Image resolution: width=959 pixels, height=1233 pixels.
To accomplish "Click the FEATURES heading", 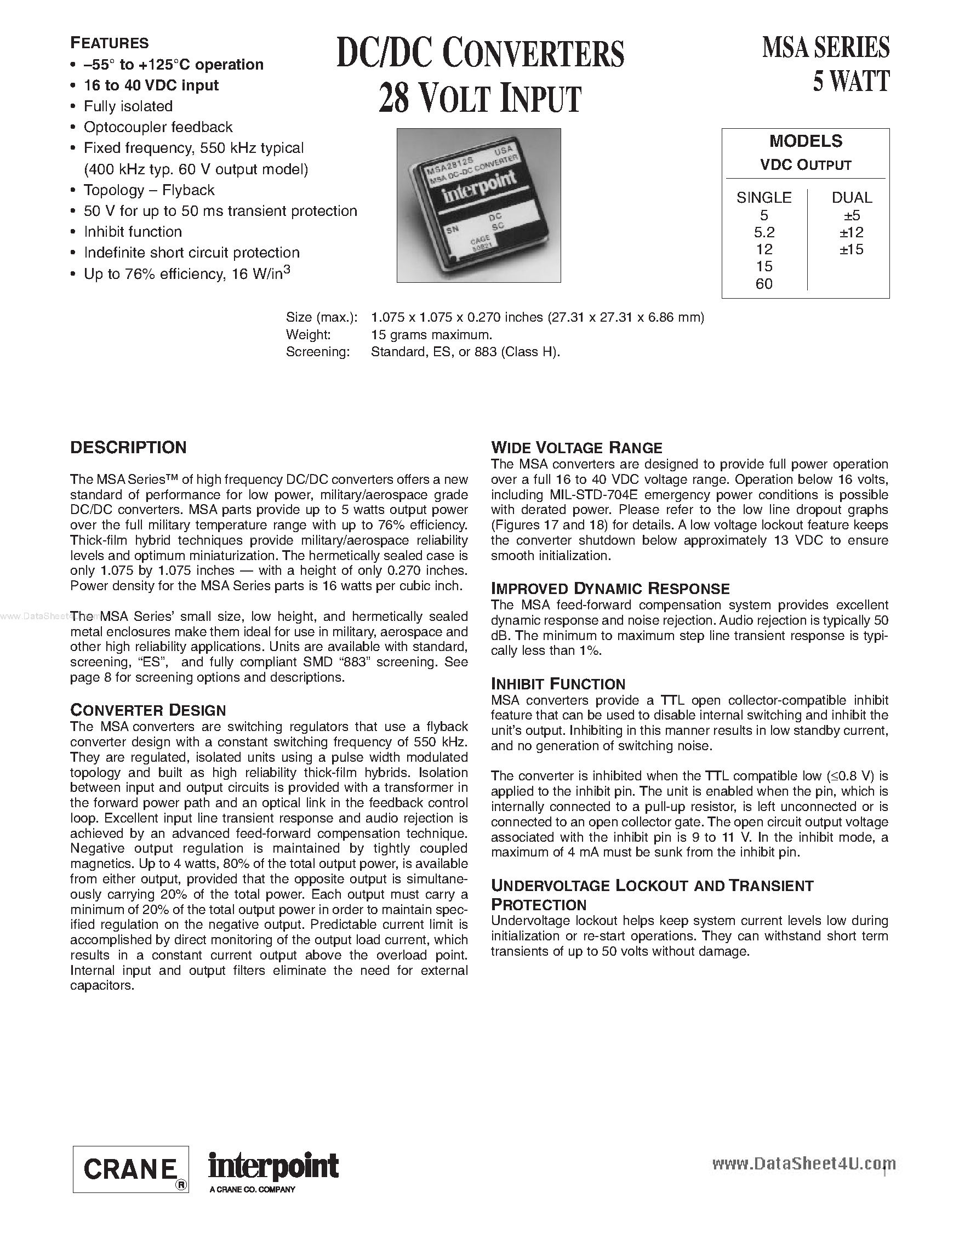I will (x=109, y=43).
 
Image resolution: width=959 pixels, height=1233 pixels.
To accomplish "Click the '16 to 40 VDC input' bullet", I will (x=151, y=85).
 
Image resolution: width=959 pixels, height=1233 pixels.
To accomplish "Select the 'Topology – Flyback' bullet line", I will (x=149, y=190).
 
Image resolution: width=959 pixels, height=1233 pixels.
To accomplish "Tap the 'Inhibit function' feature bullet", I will (x=133, y=232).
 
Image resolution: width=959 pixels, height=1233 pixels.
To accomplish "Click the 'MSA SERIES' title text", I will (x=825, y=48).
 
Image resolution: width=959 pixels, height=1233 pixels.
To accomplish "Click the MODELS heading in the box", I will (x=806, y=141).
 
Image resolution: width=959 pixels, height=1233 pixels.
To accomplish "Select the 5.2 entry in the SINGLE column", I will (x=764, y=232).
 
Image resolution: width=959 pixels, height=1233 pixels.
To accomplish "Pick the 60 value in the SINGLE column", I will (x=764, y=284).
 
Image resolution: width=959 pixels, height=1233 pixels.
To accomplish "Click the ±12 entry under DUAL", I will (x=851, y=232).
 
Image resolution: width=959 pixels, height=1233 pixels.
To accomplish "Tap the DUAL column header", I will (x=852, y=198).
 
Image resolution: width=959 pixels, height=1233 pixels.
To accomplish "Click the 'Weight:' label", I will (x=308, y=335).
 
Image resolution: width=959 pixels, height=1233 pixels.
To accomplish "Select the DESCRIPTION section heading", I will (x=128, y=448).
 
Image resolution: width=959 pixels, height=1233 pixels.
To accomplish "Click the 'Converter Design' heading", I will (x=148, y=710).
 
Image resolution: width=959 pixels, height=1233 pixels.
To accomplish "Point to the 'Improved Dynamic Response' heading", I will (x=610, y=589).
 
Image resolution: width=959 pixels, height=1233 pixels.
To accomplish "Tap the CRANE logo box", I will (x=130, y=1169).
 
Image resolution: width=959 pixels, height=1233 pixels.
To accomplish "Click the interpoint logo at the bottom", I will (x=273, y=1165).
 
